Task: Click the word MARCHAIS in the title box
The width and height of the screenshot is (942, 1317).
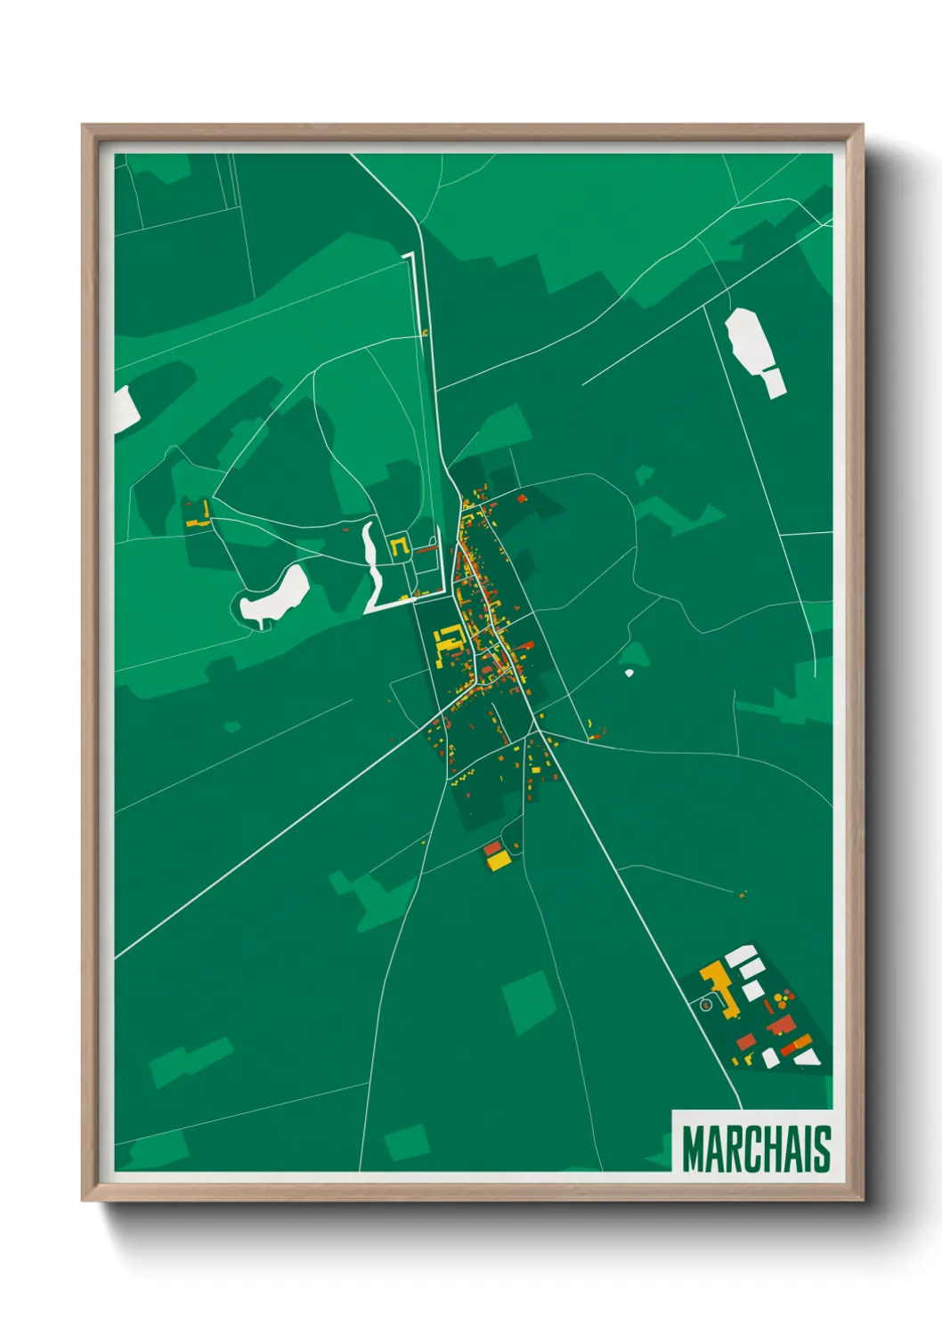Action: tap(756, 1149)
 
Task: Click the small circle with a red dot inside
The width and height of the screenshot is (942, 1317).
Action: tap(706, 1005)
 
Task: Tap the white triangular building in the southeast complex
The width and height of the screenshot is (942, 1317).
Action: tap(807, 1057)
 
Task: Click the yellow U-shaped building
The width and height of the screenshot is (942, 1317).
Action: tap(399, 546)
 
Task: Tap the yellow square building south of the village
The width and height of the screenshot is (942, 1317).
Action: tap(498, 861)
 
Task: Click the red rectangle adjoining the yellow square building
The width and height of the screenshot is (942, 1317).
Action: tap(492, 849)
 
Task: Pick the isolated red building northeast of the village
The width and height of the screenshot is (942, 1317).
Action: tap(522, 498)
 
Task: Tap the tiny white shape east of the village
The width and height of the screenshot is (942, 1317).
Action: tap(629, 673)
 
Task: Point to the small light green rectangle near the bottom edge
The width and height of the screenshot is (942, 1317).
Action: tap(406, 1141)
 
